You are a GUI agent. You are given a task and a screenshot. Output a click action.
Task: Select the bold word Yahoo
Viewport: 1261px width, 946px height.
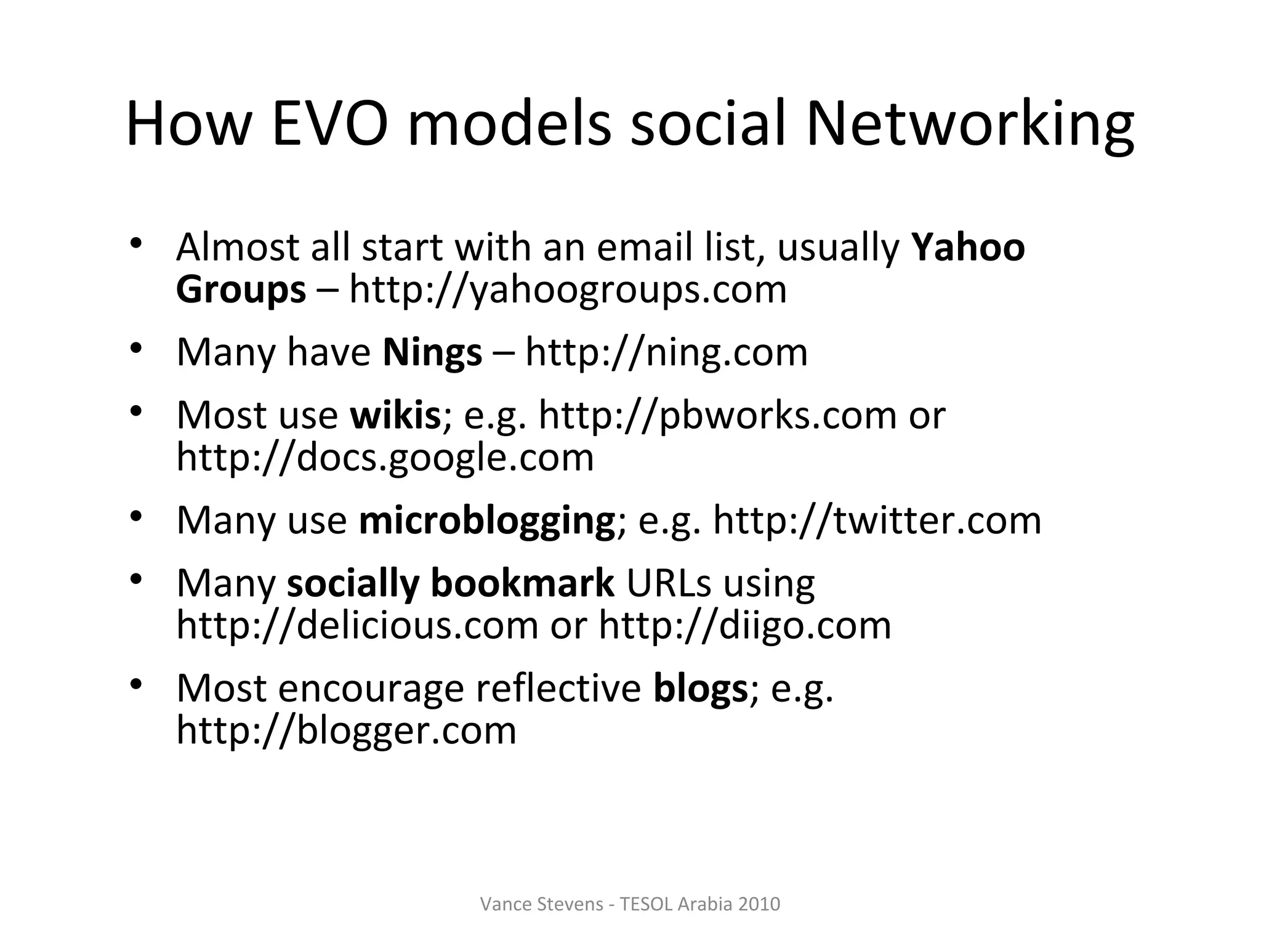(x=968, y=247)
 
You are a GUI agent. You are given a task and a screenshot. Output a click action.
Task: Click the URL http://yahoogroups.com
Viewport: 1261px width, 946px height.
(x=568, y=289)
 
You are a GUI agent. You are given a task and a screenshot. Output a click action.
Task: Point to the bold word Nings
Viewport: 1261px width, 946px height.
(x=432, y=352)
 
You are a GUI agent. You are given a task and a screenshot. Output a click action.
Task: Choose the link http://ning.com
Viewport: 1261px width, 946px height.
(x=666, y=352)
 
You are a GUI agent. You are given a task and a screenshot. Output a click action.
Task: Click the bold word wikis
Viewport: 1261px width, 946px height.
(x=395, y=415)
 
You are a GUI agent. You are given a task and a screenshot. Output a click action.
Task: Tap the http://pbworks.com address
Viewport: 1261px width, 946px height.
(x=717, y=415)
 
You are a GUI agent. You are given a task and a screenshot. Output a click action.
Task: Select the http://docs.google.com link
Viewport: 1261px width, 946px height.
(x=385, y=457)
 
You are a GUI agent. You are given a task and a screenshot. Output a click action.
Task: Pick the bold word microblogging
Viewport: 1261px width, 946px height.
(x=487, y=520)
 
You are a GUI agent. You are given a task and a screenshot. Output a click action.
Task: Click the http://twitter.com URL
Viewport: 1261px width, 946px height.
(x=877, y=520)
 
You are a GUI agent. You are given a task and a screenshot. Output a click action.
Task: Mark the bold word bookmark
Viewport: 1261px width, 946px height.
(x=522, y=583)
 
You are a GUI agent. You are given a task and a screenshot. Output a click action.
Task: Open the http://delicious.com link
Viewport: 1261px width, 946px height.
(x=358, y=625)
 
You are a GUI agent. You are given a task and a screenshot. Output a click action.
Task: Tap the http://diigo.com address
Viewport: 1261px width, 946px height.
(x=745, y=625)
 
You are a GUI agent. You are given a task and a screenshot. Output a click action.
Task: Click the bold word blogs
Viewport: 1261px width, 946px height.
(x=700, y=688)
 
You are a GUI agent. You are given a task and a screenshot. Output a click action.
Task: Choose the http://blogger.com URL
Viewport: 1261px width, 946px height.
(x=347, y=730)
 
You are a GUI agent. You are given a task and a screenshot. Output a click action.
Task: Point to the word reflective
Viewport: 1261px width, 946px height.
(x=558, y=688)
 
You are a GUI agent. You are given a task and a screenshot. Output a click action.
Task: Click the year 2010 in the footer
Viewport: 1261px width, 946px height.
(x=759, y=904)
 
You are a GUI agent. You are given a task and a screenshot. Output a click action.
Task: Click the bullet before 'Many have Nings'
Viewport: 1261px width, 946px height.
(x=136, y=349)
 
